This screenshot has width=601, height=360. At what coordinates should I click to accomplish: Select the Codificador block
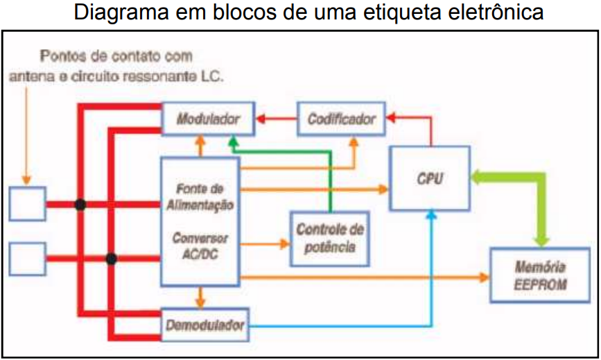pyautogui.click(x=341, y=119)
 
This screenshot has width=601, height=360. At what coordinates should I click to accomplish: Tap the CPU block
pyautogui.click(x=430, y=178)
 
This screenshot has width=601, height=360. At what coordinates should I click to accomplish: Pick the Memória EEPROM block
pyautogui.click(x=541, y=275)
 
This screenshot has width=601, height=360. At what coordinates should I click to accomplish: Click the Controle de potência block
pyautogui.click(x=329, y=238)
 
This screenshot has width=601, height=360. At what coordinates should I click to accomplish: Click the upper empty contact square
pyautogui.click(x=27, y=204)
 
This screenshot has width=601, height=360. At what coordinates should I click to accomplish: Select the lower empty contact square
pyautogui.click(x=27, y=259)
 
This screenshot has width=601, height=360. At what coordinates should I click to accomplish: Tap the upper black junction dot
pyautogui.click(x=80, y=205)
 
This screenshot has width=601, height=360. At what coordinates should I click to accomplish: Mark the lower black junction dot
pyautogui.click(x=110, y=259)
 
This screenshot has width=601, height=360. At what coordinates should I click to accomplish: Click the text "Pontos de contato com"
pyautogui.click(x=116, y=56)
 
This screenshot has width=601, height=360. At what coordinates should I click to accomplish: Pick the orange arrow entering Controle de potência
pyautogui.click(x=267, y=243)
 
